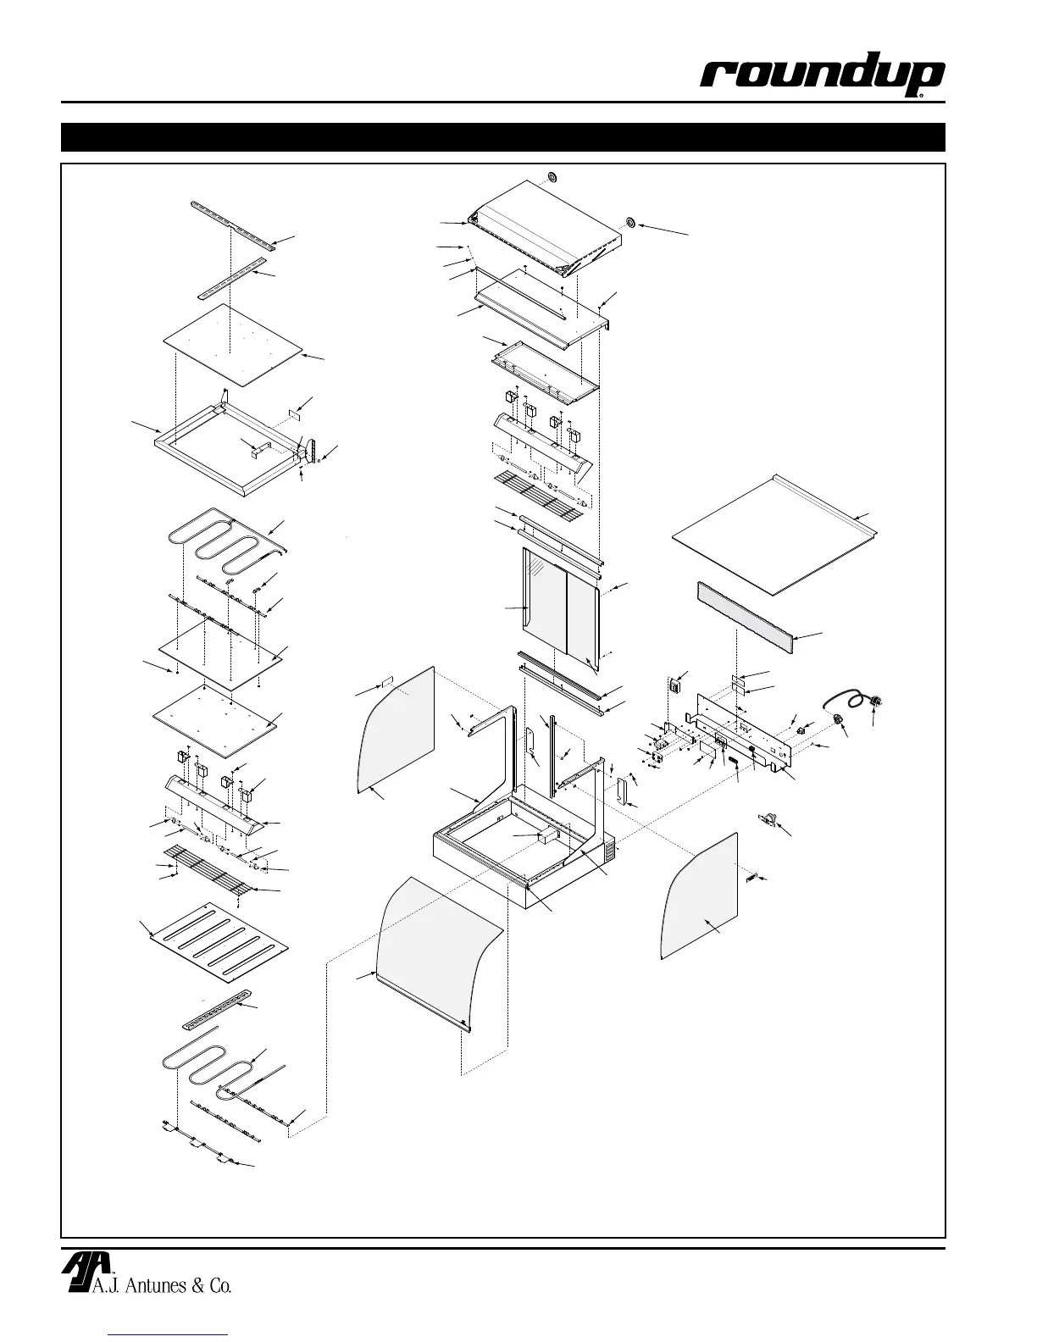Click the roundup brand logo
point(821,79)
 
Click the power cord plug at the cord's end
point(876,701)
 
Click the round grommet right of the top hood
point(630,223)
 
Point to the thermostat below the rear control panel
point(770,818)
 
